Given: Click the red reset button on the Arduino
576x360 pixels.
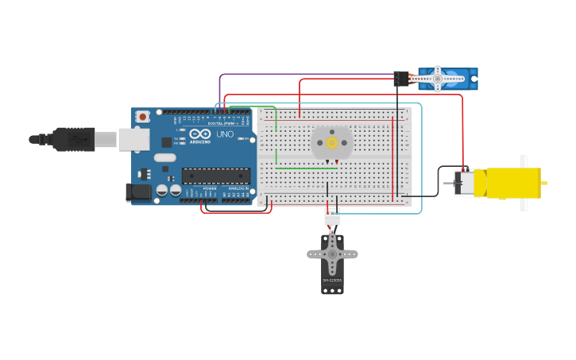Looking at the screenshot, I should coord(142,117).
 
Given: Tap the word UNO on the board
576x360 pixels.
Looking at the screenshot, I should coord(225,134).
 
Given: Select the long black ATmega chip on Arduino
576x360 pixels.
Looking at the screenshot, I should coord(215,176).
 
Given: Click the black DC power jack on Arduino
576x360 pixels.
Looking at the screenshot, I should coord(139,192).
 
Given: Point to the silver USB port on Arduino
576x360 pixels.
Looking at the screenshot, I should coord(133,140).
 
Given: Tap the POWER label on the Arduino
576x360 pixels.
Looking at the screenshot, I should coord(209,188).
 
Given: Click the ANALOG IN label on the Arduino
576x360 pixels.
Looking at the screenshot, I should coord(238,188).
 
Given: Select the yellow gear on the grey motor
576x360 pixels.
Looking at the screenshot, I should coord(332,142).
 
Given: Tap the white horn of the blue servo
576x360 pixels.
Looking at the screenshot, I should coord(436,78).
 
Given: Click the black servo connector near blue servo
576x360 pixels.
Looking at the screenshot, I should coord(401,78).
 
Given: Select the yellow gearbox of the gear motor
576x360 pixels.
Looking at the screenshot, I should coord(512,183).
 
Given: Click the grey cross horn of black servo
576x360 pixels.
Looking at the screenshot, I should coord(332,254).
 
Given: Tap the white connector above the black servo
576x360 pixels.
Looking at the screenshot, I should coord(332,215).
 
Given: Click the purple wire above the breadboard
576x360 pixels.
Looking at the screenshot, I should coord(302,75).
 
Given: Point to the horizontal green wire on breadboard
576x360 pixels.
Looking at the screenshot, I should coord(306,168).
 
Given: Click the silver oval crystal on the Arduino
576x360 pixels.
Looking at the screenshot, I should coord(164,157).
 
